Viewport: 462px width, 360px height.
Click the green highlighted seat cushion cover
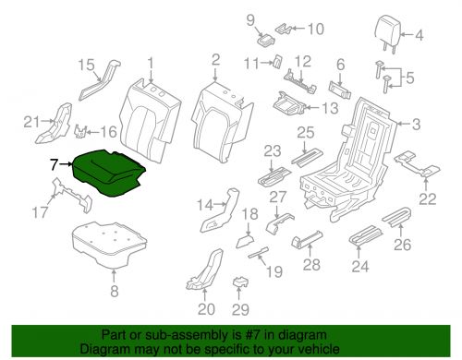click(108, 173)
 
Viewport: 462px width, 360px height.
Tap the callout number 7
click(55, 164)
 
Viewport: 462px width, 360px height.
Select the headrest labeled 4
click(388, 33)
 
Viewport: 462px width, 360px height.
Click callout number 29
click(240, 309)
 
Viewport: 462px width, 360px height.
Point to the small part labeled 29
click(240, 282)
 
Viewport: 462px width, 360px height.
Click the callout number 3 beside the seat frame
click(416, 125)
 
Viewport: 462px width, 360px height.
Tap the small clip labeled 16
click(80, 132)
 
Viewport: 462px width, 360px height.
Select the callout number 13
click(330, 108)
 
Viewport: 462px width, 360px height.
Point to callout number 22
click(428, 198)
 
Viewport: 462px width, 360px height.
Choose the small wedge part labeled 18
click(245, 241)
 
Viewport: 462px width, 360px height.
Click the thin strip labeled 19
click(259, 252)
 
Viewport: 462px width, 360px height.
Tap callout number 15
click(86, 65)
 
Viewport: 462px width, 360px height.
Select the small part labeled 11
click(277, 60)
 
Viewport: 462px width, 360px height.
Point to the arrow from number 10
click(298, 29)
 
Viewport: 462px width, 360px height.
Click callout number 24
click(360, 267)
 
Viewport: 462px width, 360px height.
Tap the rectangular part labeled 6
click(340, 90)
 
